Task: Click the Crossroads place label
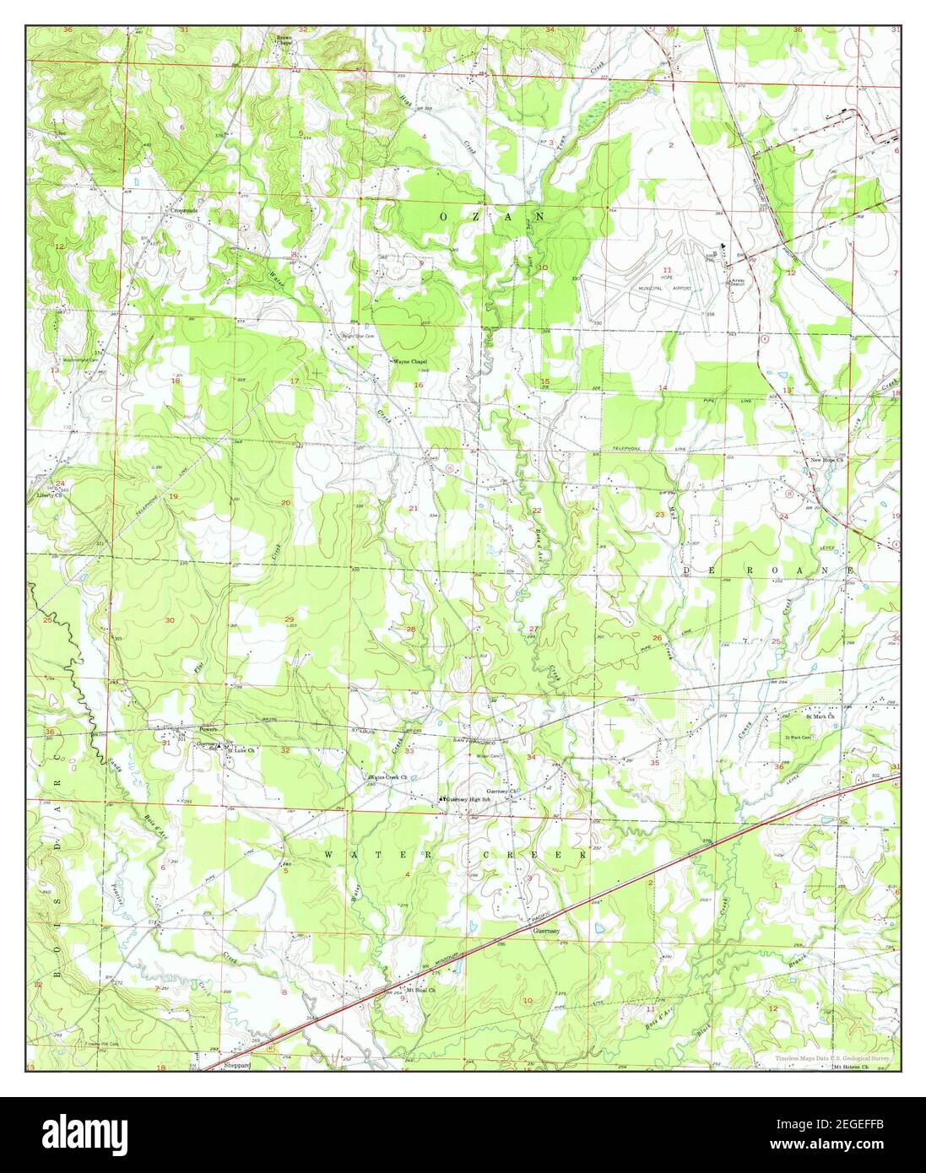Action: pos(183,210)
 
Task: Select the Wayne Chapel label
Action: pos(411,361)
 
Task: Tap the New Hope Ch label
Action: pos(827,460)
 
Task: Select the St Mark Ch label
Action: pos(820,716)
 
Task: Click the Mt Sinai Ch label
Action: pos(420,990)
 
